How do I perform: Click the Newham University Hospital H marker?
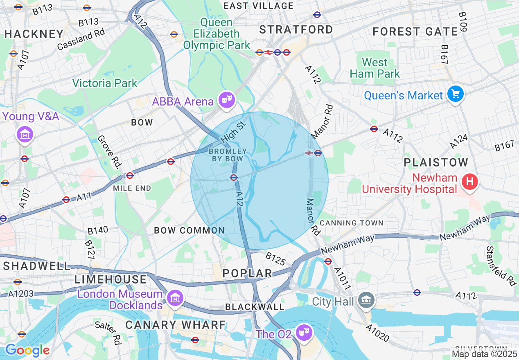click(x=469, y=181)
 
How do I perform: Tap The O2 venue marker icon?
click(x=304, y=333)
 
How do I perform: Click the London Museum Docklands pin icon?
click(x=175, y=298)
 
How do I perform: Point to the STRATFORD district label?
click(x=296, y=29)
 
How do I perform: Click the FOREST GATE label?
click(x=415, y=32)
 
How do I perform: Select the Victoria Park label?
click(x=105, y=83)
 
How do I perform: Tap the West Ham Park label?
click(x=375, y=68)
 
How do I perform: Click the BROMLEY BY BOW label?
click(x=228, y=155)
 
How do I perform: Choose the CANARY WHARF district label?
click(x=176, y=325)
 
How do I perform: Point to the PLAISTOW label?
click(x=436, y=162)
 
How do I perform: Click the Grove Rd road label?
click(x=110, y=152)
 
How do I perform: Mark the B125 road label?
click(x=275, y=258)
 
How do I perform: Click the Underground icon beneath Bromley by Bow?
click(x=234, y=177)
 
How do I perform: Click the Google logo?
click(x=27, y=350)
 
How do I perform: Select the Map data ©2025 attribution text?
click(x=484, y=353)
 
